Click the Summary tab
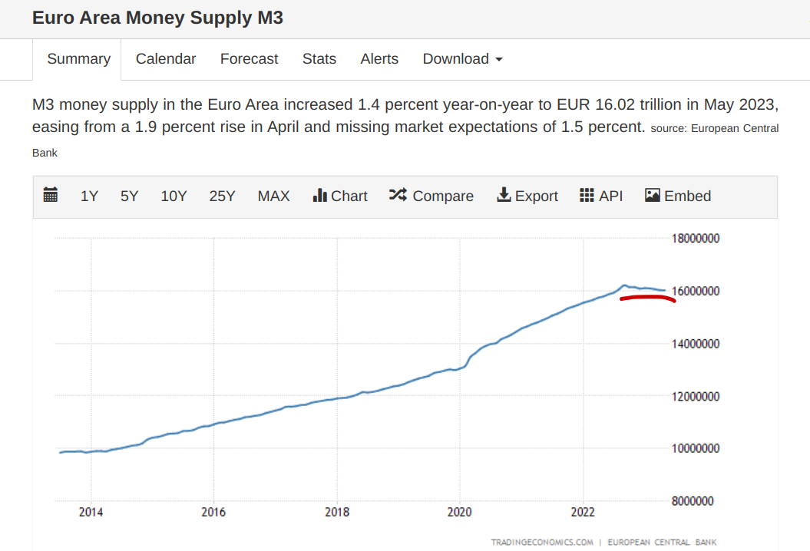(x=78, y=59)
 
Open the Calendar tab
(x=166, y=59)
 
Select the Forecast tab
(x=249, y=59)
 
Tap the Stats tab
(x=319, y=59)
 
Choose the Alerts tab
(x=379, y=59)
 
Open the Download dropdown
(x=462, y=59)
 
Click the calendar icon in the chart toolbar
(x=51, y=196)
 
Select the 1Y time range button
(x=89, y=196)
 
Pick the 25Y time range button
(x=222, y=196)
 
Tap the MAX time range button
(x=273, y=196)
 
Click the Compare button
(x=431, y=196)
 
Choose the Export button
(x=527, y=196)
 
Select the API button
(x=601, y=196)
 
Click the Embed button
(x=678, y=196)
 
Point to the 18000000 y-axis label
(x=695, y=239)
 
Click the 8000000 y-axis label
(x=695, y=501)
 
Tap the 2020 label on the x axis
(x=459, y=512)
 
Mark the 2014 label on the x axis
(x=91, y=512)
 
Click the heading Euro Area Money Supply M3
(x=157, y=18)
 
